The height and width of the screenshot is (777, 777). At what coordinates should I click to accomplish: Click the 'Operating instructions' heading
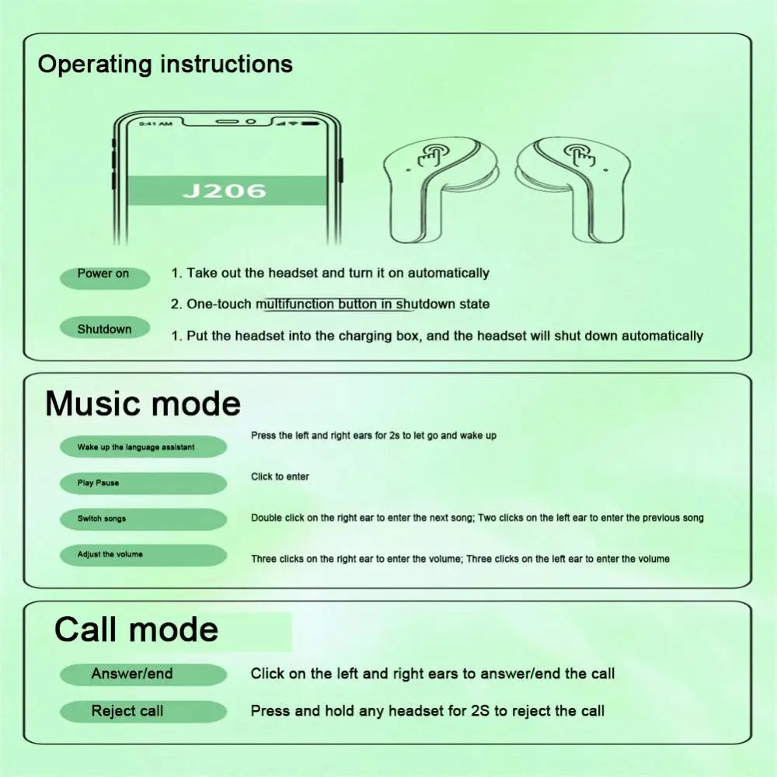pyautogui.click(x=165, y=64)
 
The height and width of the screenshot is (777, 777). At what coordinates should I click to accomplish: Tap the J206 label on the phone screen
pyautogui.click(x=225, y=190)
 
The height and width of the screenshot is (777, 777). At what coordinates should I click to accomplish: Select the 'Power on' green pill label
pyautogui.click(x=103, y=274)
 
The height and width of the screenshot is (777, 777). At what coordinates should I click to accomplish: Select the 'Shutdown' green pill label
pyautogui.click(x=104, y=329)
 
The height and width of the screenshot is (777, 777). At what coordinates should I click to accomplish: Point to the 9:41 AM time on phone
pyautogui.click(x=155, y=124)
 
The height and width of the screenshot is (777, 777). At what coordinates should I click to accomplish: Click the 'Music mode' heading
pyautogui.click(x=143, y=404)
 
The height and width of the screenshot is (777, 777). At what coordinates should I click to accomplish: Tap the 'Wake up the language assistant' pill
pyautogui.click(x=142, y=447)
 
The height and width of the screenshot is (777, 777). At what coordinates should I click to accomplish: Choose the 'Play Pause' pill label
pyautogui.click(x=142, y=483)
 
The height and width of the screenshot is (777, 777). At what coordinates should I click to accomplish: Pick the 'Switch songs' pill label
pyautogui.click(x=142, y=519)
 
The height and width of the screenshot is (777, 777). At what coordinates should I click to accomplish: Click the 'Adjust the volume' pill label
pyautogui.click(x=142, y=555)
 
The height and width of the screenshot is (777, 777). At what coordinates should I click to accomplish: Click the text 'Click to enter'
pyautogui.click(x=280, y=477)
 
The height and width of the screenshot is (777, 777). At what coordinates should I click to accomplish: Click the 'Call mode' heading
pyautogui.click(x=136, y=629)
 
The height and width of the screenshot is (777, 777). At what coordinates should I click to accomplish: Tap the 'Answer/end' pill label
pyautogui.click(x=142, y=674)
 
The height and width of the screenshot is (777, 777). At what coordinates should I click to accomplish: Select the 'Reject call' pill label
pyautogui.click(x=142, y=711)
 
